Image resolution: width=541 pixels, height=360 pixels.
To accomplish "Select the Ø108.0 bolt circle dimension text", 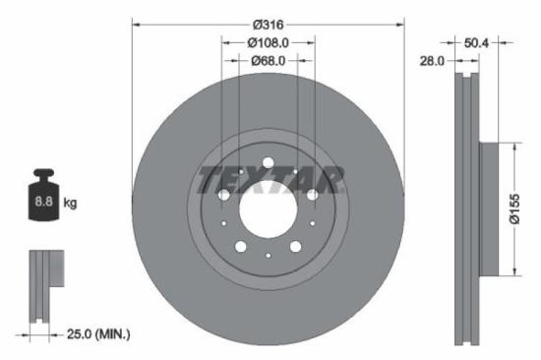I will pyautogui.click(x=268, y=42).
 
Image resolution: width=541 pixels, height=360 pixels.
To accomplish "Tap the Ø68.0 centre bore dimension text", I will pyautogui.click(x=268, y=60).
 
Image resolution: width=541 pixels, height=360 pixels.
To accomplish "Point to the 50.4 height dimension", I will pyautogui.click(x=476, y=42).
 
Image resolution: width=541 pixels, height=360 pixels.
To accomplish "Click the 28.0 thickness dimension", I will pyautogui.click(x=433, y=60).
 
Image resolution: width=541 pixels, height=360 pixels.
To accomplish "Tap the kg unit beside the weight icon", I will pyautogui.click(x=71, y=203).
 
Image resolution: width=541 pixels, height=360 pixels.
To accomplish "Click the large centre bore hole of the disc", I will pyautogui.click(x=268, y=209).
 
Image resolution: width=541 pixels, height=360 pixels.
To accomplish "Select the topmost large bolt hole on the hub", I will pyautogui.click(x=268, y=162).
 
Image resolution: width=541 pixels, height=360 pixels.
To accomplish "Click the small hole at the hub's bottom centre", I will pyautogui.click(x=268, y=256).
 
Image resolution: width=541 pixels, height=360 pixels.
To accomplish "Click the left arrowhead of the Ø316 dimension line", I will pyautogui.click(x=136, y=22).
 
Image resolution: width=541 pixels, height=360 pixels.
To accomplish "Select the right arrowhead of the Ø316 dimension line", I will pyautogui.click(x=400, y=22).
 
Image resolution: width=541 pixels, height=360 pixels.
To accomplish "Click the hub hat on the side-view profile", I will pyautogui.click(x=490, y=209).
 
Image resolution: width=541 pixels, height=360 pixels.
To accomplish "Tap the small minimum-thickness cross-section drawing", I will pyautogui.click(x=44, y=285).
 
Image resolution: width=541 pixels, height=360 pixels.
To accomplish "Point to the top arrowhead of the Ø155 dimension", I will pyautogui.click(x=513, y=147).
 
